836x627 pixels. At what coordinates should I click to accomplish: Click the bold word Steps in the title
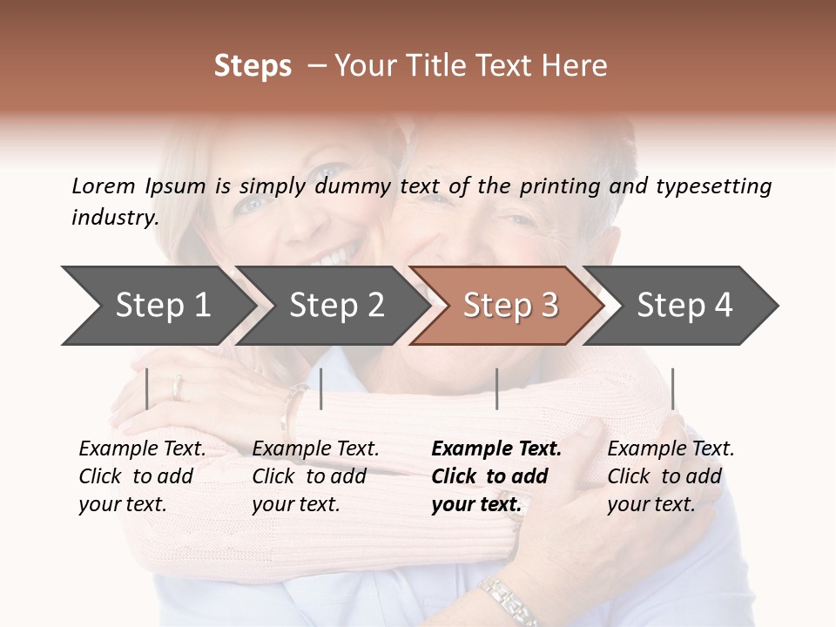(x=253, y=66)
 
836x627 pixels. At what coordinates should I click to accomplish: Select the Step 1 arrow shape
(x=157, y=306)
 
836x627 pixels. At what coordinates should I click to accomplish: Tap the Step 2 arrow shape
(x=336, y=306)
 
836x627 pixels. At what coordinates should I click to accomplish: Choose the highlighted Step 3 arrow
(x=510, y=306)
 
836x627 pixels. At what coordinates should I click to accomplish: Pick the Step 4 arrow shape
(x=684, y=306)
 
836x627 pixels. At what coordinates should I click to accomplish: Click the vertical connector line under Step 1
(x=147, y=388)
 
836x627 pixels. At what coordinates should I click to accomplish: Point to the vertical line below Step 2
(x=321, y=388)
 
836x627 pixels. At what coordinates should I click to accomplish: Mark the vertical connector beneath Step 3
(x=496, y=388)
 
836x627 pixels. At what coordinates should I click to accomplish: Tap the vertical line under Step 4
(x=672, y=388)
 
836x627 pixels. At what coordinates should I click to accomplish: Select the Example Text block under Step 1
(x=142, y=476)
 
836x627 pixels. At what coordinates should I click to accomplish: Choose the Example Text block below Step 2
(x=315, y=476)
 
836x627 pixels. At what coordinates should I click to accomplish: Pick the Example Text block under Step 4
(x=671, y=476)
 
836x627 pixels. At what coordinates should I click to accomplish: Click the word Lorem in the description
(x=104, y=185)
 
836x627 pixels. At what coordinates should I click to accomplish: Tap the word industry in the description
(x=114, y=218)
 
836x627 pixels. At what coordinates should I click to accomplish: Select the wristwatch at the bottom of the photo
(x=510, y=600)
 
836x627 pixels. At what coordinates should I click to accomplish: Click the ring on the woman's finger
(x=179, y=388)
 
